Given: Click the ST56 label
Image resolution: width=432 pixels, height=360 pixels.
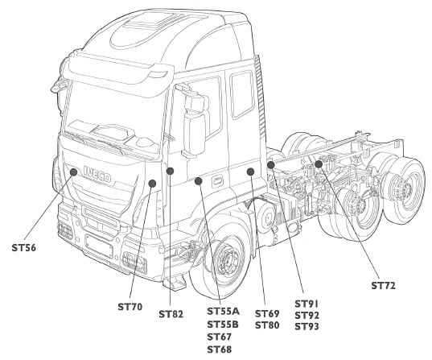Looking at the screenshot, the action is [23, 248].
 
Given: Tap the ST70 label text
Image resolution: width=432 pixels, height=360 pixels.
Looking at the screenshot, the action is [130, 307].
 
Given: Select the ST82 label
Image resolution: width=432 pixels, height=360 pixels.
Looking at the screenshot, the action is [171, 314].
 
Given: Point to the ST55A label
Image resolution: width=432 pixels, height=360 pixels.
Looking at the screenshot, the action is [223, 312].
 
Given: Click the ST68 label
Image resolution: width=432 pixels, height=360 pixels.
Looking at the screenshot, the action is [220, 350].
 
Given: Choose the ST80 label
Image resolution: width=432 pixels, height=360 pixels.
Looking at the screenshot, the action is [267, 325].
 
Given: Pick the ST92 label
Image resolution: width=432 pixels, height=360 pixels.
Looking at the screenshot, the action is [307, 316].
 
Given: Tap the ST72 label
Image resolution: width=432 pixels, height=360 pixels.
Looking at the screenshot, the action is [383, 286].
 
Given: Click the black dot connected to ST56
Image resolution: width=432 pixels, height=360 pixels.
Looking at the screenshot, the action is [73, 172].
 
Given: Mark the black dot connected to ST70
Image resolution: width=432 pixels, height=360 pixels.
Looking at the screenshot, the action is [152, 183].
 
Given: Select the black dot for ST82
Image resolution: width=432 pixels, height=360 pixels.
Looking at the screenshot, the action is [171, 171].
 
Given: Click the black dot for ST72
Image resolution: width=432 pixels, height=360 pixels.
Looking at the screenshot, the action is [319, 164].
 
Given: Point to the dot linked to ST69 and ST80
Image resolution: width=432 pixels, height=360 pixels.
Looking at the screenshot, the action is [250, 172].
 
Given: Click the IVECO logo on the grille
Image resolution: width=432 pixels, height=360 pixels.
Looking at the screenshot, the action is [97, 174].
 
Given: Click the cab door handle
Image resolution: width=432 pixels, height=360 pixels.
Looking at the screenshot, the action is [217, 180].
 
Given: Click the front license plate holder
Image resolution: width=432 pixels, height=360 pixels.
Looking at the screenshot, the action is [99, 246].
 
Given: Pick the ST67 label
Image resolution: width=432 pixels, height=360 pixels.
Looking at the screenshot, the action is [220, 337].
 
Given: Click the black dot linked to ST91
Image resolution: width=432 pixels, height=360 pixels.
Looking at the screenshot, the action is [271, 164].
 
